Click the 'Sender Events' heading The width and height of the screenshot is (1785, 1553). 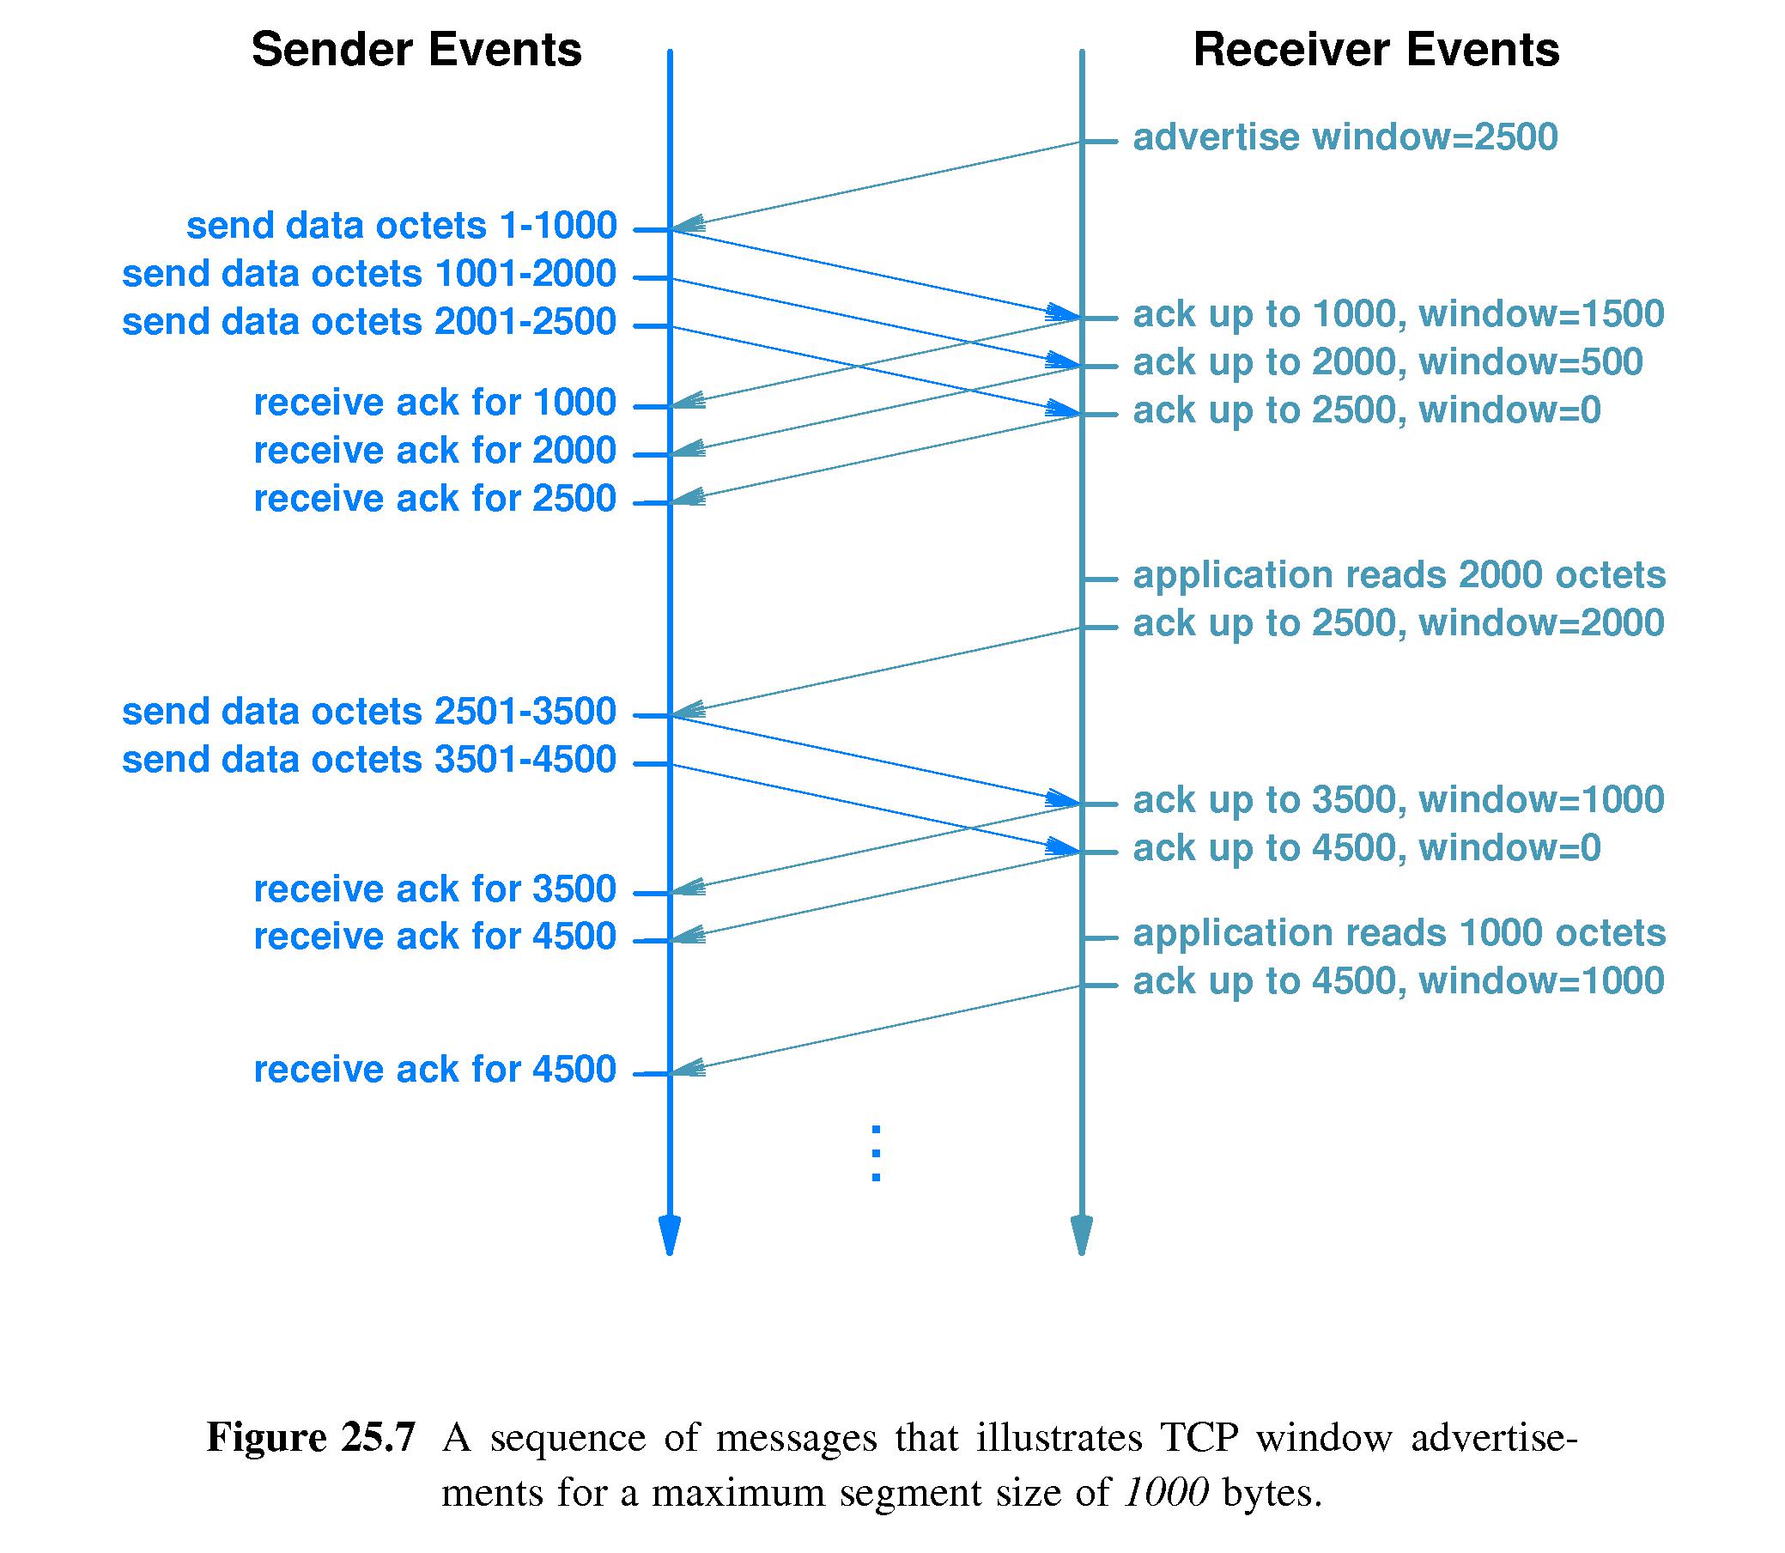point(416,51)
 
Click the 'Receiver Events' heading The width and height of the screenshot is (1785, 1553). point(1376,51)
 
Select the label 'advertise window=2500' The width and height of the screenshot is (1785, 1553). point(1345,138)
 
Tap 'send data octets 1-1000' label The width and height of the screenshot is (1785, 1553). point(401,226)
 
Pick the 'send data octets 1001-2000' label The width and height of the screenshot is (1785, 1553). point(369,275)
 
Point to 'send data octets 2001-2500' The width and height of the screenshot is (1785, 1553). point(369,323)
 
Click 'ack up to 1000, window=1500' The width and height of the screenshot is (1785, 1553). point(1398,314)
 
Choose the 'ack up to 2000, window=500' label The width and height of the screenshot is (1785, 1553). point(1387,362)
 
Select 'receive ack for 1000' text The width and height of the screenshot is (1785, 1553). point(434,403)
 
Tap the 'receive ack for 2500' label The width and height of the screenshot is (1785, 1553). point(434,499)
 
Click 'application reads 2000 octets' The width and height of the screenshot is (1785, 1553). point(1399,575)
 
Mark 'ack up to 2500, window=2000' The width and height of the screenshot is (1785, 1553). point(1398,623)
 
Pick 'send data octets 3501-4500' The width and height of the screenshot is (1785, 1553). point(369,760)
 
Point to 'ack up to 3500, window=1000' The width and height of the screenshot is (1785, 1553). point(1398,800)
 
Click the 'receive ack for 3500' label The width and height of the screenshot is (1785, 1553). point(434,889)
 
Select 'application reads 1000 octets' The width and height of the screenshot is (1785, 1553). point(1399,933)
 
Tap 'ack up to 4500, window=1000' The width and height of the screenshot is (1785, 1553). point(1398,981)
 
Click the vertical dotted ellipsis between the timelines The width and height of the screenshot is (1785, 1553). point(876,1154)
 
